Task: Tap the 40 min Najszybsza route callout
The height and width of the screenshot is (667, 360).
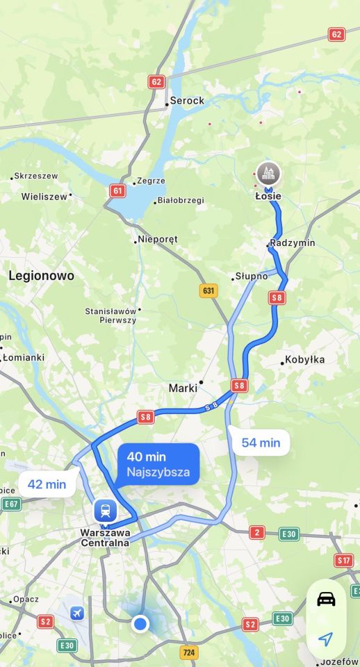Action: click(x=158, y=464)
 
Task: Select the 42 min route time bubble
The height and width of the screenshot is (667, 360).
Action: click(x=47, y=484)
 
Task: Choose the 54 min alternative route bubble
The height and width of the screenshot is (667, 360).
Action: click(x=261, y=442)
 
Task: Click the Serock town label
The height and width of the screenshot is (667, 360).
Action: click(x=187, y=101)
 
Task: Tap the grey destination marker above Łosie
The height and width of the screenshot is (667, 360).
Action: click(x=268, y=174)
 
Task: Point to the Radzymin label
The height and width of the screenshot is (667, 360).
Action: click(x=293, y=242)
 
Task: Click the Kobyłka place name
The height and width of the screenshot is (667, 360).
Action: click(x=304, y=360)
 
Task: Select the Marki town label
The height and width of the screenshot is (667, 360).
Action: click(x=183, y=388)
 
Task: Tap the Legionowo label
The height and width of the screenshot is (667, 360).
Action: click(x=41, y=276)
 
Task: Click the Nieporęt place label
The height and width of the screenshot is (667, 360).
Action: click(x=158, y=239)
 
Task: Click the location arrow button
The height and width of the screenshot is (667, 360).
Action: click(x=325, y=639)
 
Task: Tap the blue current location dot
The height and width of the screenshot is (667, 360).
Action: click(x=140, y=624)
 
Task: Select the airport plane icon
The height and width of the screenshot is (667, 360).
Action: click(x=77, y=613)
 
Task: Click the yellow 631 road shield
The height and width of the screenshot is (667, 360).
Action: click(x=208, y=290)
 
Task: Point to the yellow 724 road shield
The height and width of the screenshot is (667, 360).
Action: click(x=189, y=652)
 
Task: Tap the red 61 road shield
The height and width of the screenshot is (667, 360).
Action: click(x=117, y=190)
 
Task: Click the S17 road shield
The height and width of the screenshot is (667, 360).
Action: click(x=344, y=560)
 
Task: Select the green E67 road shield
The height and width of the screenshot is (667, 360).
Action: click(x=11, y=504)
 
